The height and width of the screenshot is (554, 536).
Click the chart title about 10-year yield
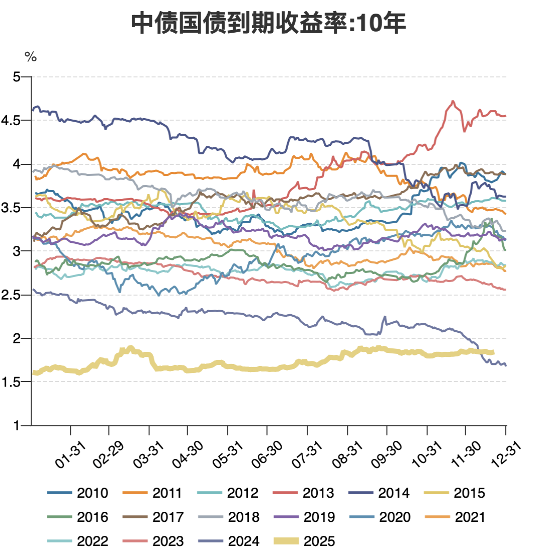click(x=268, y=24)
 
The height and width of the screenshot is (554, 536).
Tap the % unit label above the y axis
click(x=31, y=57)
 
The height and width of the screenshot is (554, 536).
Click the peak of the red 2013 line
click(x=453, y=102)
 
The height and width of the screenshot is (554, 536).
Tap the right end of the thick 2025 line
click(x=493, y=352)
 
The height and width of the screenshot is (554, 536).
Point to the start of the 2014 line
click(x=33, y=109)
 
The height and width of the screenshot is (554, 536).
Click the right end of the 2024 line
click(x=505, y=365)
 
